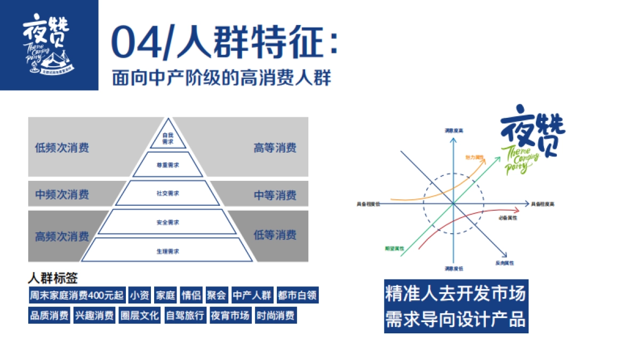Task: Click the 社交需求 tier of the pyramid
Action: tap(167, 193)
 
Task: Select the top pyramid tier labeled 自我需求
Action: tap(167, 138)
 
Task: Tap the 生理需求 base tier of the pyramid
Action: tap(167, 251)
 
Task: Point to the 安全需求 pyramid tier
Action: tap(167, 222)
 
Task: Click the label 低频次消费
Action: tap(62, 148)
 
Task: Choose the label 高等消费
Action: tap(275, 148)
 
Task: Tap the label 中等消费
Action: tap(275, 195)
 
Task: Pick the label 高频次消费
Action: tap(62, 236)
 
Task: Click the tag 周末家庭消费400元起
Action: tap(77, 295)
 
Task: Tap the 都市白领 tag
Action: tap(298, 295)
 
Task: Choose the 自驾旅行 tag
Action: tap(185, 315)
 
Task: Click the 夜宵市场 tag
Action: tap(230, 315)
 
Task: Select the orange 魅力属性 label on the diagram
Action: tap(474, 157)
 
